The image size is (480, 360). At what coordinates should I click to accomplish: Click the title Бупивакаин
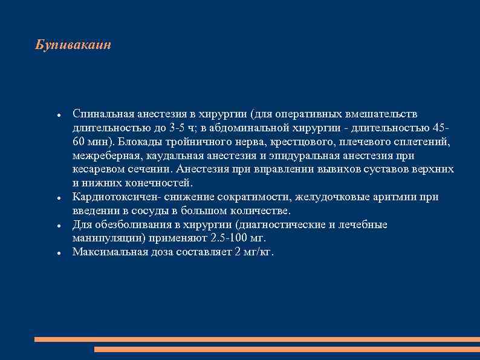(73, 45)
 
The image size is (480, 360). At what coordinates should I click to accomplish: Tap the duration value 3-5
(178, 128)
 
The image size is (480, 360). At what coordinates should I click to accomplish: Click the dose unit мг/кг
(256, 252)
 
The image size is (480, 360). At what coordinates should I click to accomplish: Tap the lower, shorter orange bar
(287, 350)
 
